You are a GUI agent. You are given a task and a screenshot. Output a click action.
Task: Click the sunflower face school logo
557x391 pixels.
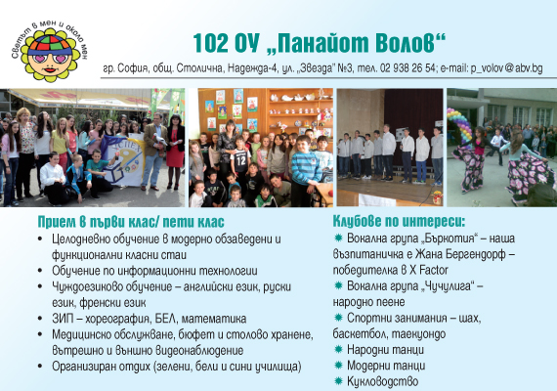tap(50, 51)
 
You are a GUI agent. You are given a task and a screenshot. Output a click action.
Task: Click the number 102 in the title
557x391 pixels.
tap(210, 43)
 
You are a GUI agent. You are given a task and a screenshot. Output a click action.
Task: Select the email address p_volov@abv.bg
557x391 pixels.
tap(506, 68)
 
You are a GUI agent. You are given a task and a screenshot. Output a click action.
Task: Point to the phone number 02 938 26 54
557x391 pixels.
tap(407, 67)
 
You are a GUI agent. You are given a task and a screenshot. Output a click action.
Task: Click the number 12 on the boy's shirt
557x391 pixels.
tap(240, 161)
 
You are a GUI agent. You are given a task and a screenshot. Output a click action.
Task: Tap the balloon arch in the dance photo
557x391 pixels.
tap(459, 125)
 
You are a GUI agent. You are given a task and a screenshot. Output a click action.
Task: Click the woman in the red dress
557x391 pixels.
tap(175, 152)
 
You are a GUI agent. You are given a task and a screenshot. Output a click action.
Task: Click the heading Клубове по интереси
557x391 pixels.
tap(399, 222)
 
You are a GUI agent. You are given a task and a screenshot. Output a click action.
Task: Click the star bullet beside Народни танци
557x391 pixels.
tap(338, 349)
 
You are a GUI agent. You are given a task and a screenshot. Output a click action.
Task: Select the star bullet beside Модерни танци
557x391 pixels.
tap(338, 365)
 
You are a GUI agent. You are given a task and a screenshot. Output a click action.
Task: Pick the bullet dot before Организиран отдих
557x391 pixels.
tap(40, 366)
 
